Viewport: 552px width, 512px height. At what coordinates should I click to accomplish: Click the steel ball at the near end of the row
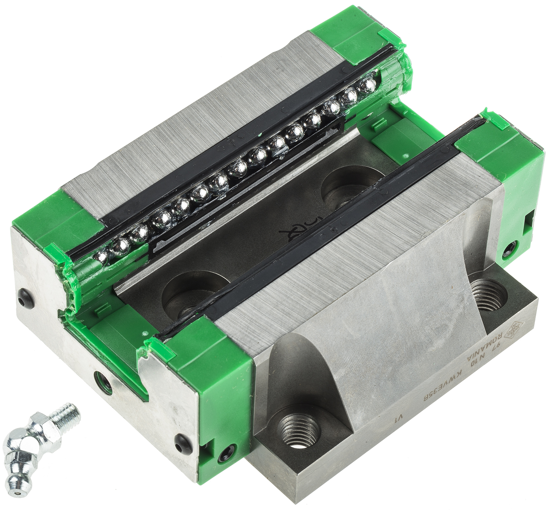pos(102,255)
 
